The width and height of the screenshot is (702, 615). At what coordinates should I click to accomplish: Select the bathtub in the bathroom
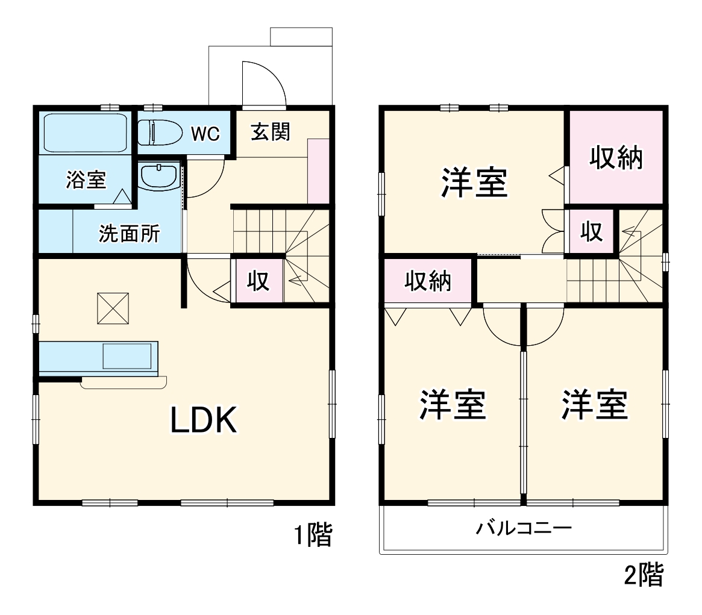84,132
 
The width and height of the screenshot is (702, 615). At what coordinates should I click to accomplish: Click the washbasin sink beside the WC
158,176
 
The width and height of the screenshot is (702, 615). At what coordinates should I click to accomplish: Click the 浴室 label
86,180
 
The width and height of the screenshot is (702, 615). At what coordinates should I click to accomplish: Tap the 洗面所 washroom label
129,234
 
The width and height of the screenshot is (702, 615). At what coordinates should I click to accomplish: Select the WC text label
205,134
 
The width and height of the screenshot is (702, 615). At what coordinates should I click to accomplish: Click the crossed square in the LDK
113,308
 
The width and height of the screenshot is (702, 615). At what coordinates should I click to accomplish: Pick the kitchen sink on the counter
127,356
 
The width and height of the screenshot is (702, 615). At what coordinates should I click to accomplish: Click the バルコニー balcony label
523,529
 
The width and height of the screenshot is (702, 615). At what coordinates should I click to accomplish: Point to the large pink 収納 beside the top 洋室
615,158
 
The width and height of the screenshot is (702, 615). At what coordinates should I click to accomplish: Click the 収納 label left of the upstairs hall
428,281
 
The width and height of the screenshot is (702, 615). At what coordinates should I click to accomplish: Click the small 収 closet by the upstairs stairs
592,232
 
